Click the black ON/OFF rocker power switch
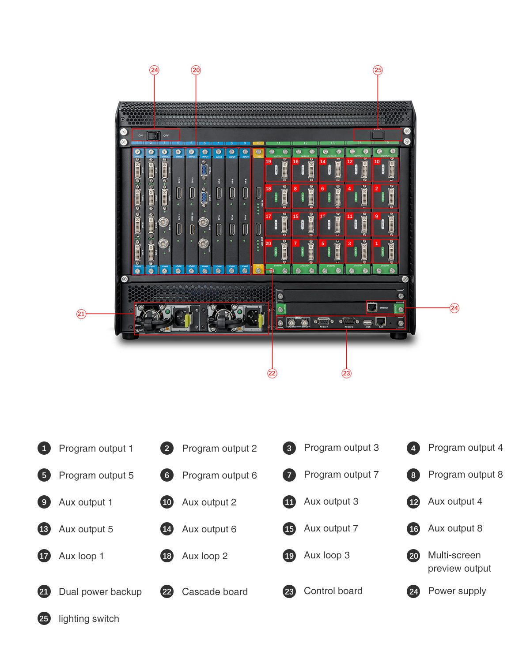coord(153,135)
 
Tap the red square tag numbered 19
coord(268,162)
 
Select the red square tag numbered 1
coord(377,243)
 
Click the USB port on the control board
coord(367,323)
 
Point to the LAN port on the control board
coord(381,322)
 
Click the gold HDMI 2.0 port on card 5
coord(192,229)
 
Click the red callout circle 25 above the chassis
coord(378,70)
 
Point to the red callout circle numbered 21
coord(81,314)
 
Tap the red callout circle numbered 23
coord(346,373)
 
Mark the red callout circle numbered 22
coord(272,373)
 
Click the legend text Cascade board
coord(215,592)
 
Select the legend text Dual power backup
coord(100,592)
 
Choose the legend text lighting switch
coord(89,619)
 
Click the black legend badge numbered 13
coord(44,529)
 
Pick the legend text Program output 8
coord(465,475)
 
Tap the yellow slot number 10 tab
coord(258,143)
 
